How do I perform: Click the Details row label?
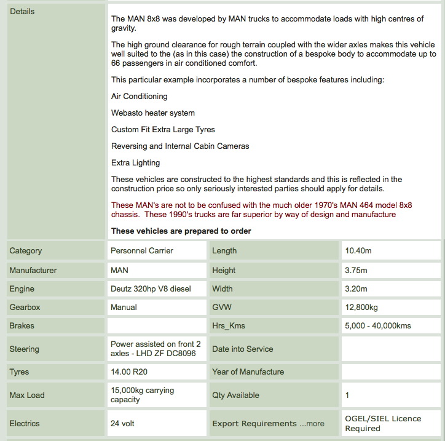pos(22,12)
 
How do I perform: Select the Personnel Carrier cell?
pos(141,250)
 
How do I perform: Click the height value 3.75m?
pos(356,270)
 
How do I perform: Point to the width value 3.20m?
pos(356,288)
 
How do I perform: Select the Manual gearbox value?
pos(124,307)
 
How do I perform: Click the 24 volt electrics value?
pos(122,423)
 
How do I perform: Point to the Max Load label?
pos(27,395)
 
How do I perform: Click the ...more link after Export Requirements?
pos(312,423)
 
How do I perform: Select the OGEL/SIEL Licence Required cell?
pos(383,423)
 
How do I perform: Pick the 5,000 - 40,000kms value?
pos(378,325)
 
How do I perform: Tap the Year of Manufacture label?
pos(248,371)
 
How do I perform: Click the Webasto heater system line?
pos(153,113)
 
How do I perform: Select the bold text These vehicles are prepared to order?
pos(181,231)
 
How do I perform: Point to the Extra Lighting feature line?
pos(135,162)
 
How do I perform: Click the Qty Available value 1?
pos(348,395)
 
